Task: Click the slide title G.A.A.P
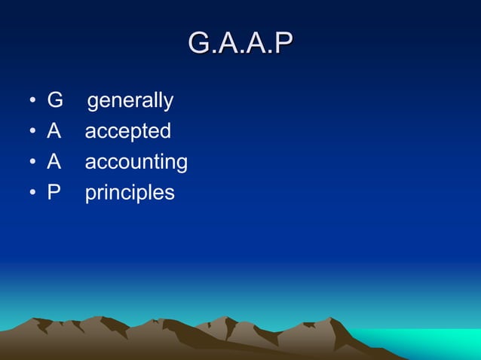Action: pyautogui.click(x=240, y=43)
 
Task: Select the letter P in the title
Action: pyautogui.click(x=282, y=43)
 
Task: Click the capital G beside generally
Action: pyautogui.click(x=55, y=100)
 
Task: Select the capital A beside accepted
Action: pyautogui.click(x=54, y=131)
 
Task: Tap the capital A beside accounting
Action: pyautogui.click(x=54, y=162)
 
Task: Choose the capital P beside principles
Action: pyautogui.click(x=54, y=193)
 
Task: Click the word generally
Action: pyautogui.click(x=130, y=101)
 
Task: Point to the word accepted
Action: pyautogui.click(x=127, y=132)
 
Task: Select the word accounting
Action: pyautogui.click(x=136, y=163)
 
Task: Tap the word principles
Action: pyautogui.click(x=129, y=194)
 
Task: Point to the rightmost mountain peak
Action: pyautogui.click(x=332, y=319)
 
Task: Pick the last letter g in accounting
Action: pyautogui.click(x=181, y=165)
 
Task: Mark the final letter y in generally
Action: pyautogui.click(x=168, y=103)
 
